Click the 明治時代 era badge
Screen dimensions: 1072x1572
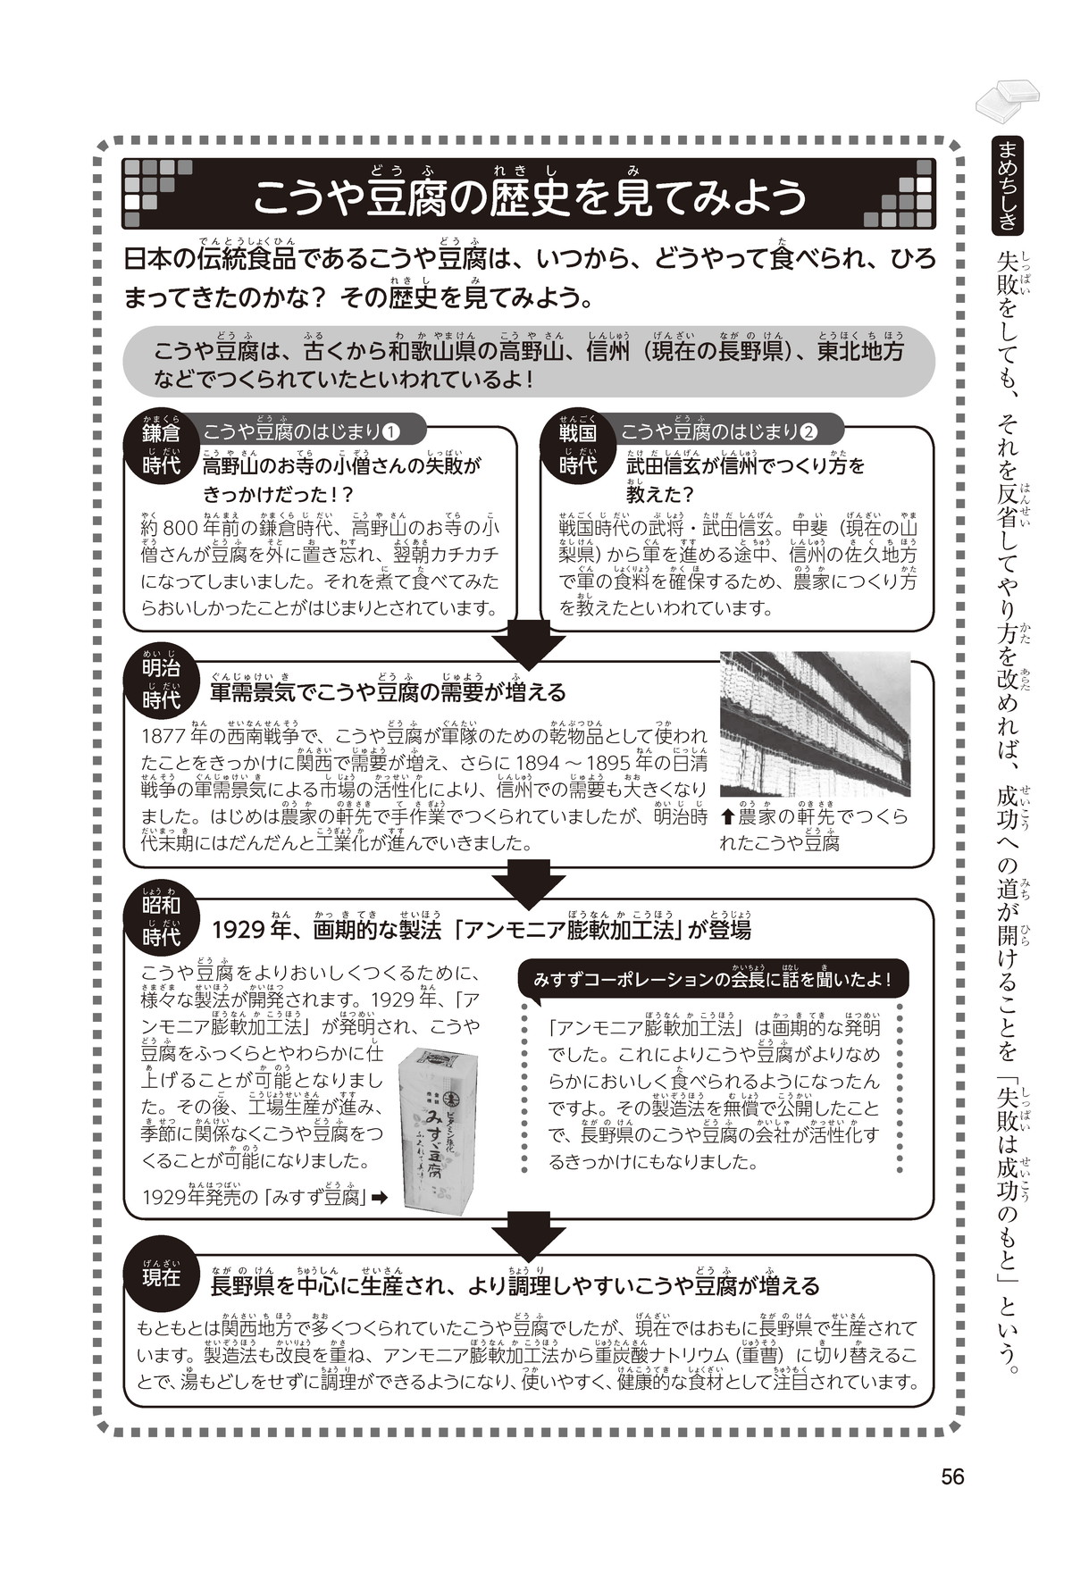[161, 682]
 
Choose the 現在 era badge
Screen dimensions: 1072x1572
[161, 1276]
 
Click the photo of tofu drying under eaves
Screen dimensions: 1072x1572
[815, 723]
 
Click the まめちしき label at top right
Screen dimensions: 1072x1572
[1009, 186]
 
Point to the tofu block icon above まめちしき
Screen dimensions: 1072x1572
[1008, 98]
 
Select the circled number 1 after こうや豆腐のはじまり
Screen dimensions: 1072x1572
[390, 432]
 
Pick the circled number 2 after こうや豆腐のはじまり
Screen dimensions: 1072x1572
[808, 432]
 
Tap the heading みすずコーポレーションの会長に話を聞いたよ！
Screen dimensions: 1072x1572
[711, 979]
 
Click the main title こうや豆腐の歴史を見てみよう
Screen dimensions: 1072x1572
[529, 198]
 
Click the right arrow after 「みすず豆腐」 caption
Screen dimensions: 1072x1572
[379, 1198]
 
